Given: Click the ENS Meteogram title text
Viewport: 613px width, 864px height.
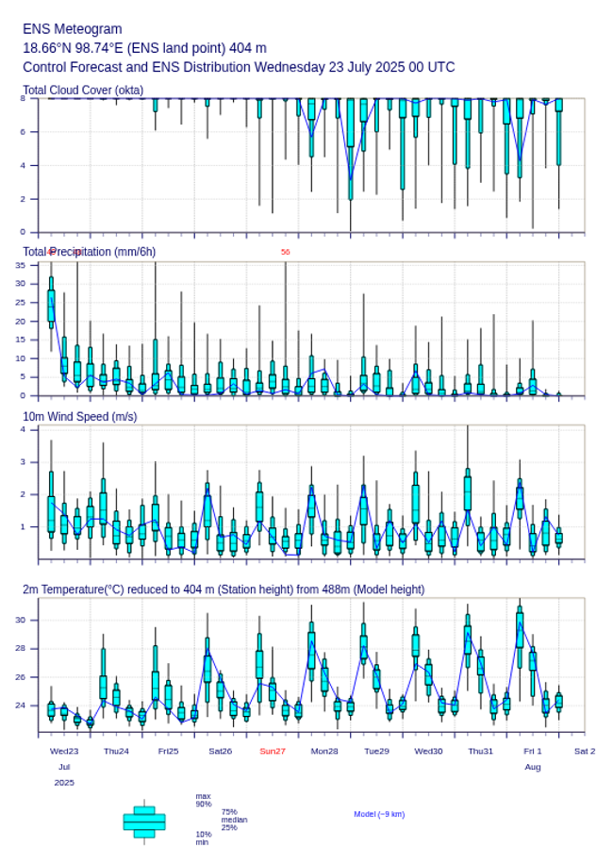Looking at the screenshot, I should coord(72,29).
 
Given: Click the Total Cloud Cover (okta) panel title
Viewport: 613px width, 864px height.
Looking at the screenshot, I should coord(83,91).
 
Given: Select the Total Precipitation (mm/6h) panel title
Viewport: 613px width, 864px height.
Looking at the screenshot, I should coord(90,251).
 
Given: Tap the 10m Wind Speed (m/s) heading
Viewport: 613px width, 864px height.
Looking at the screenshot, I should coord(79,416).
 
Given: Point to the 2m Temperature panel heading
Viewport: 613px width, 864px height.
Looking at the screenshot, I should coord(224,590).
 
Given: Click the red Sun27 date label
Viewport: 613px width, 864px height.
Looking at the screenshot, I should coord(273,751).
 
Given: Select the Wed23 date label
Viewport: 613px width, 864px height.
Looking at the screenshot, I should coord(64,751).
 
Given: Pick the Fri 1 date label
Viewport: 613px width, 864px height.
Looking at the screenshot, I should coord(533,751).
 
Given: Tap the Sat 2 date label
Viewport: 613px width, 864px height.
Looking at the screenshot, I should coord(585,751).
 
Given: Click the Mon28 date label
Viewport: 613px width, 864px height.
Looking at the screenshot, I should coord(324,751).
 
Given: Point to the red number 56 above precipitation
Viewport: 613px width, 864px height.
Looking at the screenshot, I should coord(285,252).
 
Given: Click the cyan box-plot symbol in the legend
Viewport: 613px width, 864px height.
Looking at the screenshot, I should coord(144,822).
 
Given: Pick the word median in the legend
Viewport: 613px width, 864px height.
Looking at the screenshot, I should coord(234,820).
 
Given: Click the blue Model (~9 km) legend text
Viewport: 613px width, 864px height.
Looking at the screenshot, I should coord(379,814).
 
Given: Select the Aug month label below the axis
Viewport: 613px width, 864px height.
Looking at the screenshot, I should coord(533,767).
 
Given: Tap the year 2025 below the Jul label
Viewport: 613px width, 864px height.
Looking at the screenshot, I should coord(64,783).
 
